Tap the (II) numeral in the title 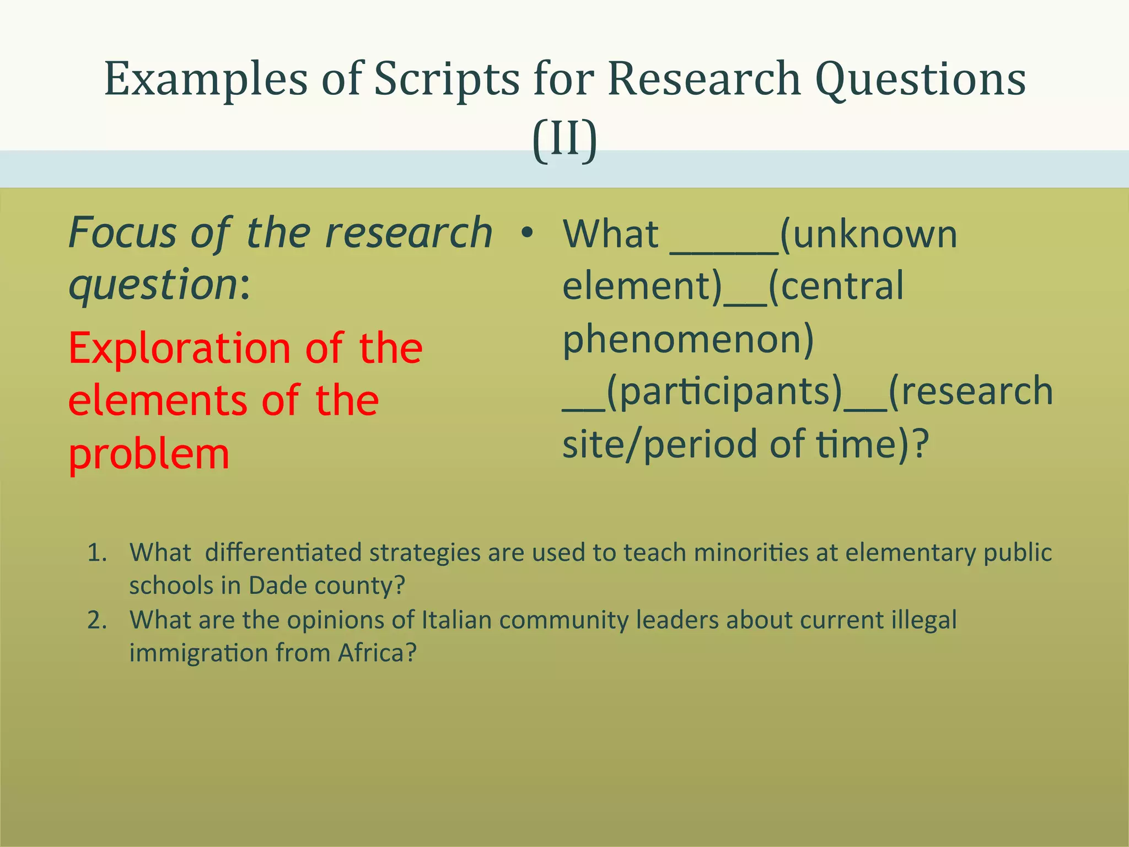(564, 140)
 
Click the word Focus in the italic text (122, 233)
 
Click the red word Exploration (180, 349)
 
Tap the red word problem (149, 454)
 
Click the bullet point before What (528, 234)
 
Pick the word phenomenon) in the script (688, 339)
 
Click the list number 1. (96, 553)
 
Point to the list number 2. (96, 620)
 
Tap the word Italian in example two (456, 620)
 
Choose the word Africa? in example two (377, 653)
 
